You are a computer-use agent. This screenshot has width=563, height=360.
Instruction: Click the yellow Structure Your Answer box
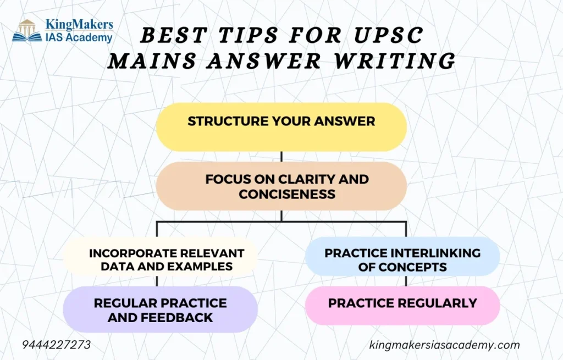[281, 127]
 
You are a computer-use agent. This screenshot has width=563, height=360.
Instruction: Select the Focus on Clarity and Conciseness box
[281, 186]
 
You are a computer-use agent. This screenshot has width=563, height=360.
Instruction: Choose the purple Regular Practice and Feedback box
[161, 309]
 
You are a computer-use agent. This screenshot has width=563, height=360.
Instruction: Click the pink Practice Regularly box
[402, 306]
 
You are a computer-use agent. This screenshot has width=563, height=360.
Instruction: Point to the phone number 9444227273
[57, 345]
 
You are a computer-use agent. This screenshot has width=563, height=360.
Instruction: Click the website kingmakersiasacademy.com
[444, 345]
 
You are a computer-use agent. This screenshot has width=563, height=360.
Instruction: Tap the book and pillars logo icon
[27, 31]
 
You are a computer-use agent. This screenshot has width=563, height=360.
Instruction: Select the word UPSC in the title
[389, 35]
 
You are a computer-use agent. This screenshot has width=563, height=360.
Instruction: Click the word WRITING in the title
[395, 60]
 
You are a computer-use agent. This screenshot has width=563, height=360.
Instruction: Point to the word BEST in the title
[173, 35]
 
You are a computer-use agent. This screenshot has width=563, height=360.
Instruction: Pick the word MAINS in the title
[152, 60]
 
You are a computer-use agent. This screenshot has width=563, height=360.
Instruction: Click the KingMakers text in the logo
[79, 24]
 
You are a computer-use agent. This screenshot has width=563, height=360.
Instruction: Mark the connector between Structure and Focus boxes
[281, 157]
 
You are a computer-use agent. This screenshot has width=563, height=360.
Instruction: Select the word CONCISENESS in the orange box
[287, 194]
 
